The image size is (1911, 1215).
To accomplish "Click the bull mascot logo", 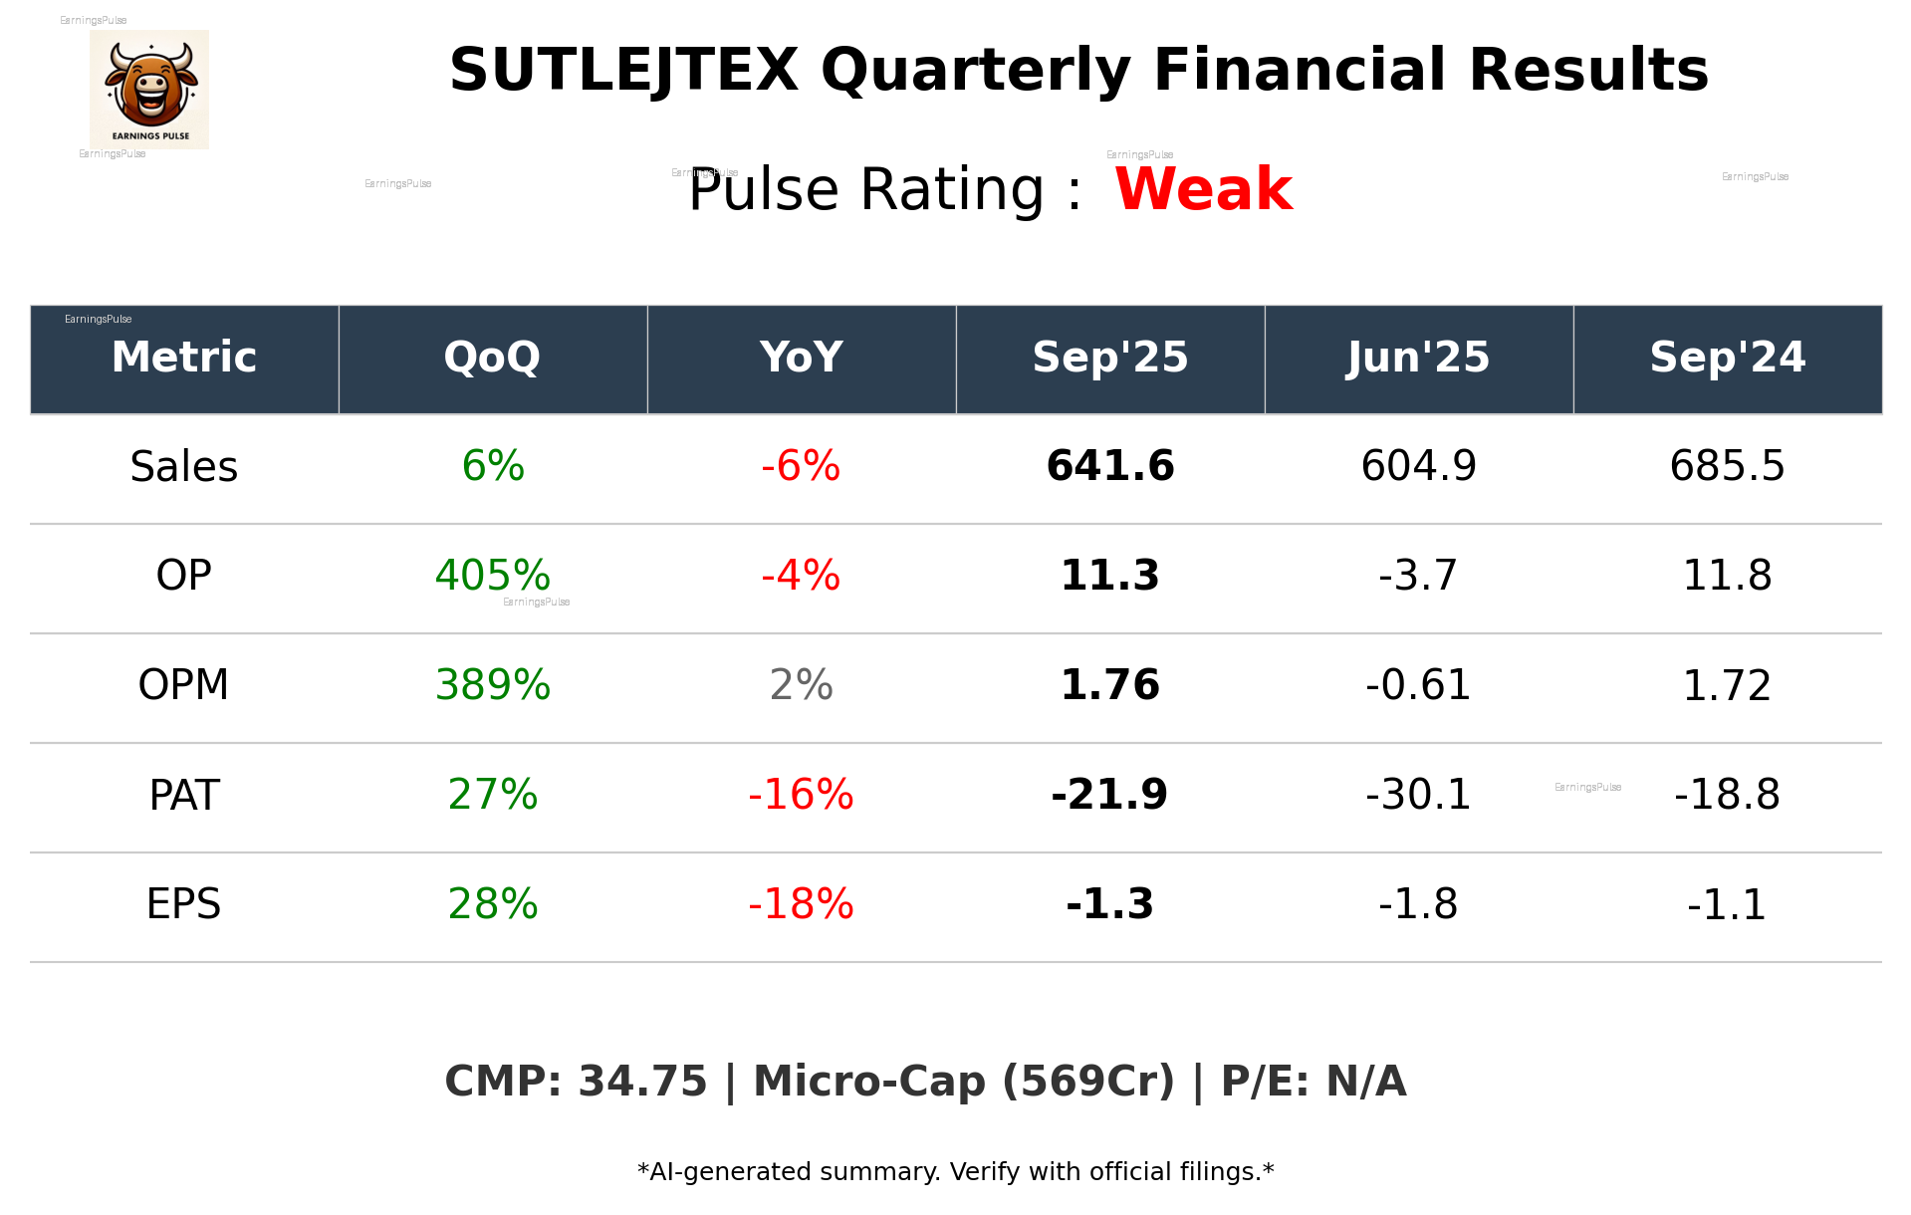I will point(149,89).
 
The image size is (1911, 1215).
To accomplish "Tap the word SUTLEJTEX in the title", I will point(623,72).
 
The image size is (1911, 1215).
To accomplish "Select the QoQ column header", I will point(492,358).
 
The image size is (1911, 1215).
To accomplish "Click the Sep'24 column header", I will point(1727,358).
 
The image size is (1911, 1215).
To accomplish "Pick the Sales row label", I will point(184,466).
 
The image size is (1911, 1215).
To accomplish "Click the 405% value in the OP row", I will point(492,576).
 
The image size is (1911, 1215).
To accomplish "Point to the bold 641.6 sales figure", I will point(1109,466).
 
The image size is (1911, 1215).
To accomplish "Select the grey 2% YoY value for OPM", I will point(801,685).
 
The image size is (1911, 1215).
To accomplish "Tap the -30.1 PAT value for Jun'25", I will point(1418,795).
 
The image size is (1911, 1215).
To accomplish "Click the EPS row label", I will point(184,904).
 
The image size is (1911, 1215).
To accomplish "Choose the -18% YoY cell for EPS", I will point(801,904).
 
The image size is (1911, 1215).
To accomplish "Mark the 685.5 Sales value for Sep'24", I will point(1727,466).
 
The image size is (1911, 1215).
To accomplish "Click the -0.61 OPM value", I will point(1418,685).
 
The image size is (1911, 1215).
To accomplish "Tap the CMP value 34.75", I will point(642,1082).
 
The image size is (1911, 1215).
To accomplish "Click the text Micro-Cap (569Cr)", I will point(963,1082).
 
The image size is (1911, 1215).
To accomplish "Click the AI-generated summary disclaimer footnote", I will point(955,1172).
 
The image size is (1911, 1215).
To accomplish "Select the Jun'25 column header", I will point(1418,358).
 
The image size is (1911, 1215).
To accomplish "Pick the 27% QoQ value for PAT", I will point(492,795).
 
